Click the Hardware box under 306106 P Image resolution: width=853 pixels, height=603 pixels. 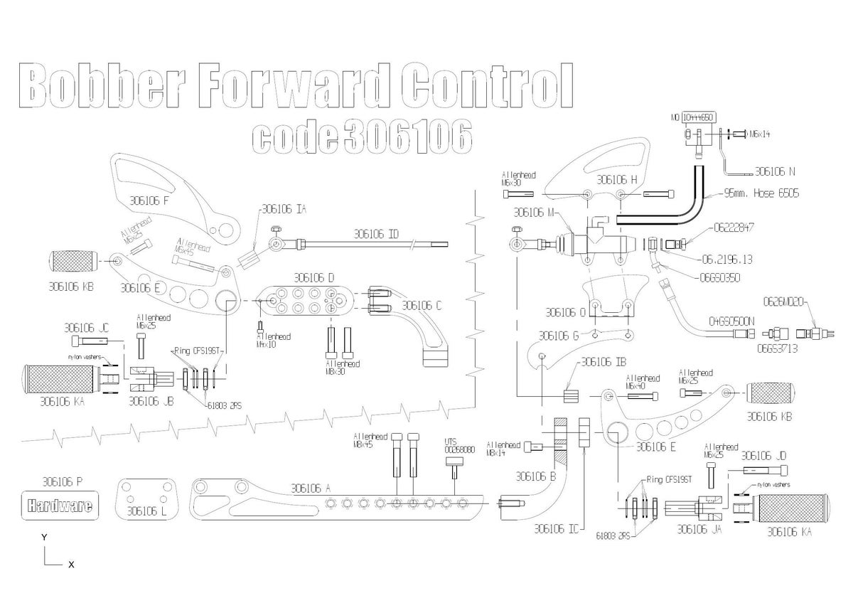coord(60,506)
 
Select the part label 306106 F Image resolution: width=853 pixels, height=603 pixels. coord(149,201)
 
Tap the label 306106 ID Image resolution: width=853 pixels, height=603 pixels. coord(376,233)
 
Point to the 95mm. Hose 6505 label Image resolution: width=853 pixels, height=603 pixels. coord(761,193)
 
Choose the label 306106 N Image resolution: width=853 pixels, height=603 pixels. coord(775,171)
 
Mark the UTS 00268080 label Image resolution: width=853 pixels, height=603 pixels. coord(460,445)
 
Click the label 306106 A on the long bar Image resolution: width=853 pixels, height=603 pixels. coord(311,489)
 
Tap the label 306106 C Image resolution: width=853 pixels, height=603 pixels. coord(422,306)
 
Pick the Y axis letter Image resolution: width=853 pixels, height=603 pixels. coord(44,538)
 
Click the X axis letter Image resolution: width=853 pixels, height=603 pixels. coord(71,565)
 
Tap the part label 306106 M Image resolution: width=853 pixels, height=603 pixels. coord(532,212)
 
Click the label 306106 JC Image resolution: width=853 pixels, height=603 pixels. coord(86,328)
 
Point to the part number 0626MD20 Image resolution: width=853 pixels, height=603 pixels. coord(783,301)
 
